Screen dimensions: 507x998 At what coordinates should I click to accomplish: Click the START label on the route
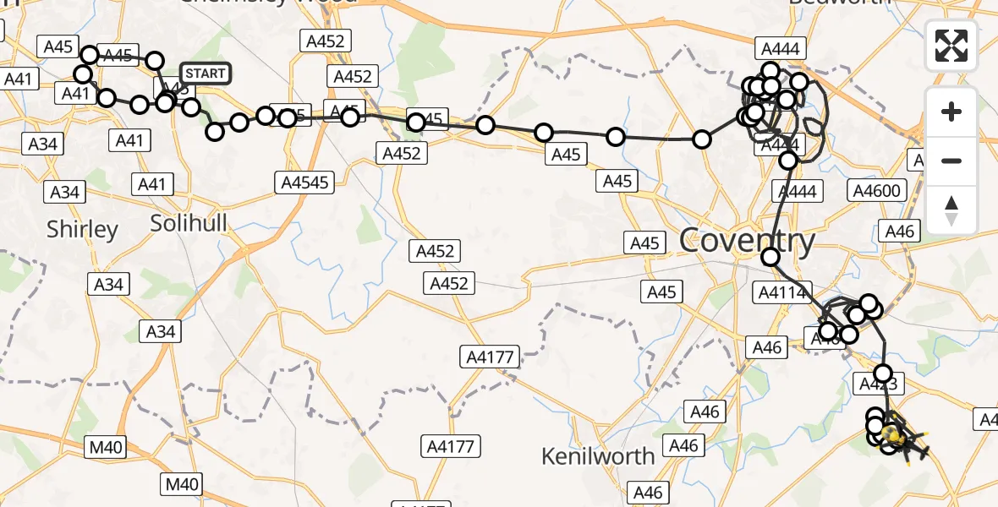[205, 74]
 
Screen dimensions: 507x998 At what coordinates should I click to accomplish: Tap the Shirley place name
[82, 229]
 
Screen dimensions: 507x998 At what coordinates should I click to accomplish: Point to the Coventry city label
[747, 242]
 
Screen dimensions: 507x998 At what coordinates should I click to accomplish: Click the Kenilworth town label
[597, 456]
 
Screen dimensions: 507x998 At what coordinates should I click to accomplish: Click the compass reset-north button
[951, 210]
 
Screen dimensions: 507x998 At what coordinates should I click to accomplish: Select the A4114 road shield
[779, 292]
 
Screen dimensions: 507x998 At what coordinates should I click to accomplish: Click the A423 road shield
[883, 385]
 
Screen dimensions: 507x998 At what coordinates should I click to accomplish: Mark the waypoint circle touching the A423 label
[883, 373]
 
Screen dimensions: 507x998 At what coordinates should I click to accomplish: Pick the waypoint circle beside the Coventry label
[770, 257]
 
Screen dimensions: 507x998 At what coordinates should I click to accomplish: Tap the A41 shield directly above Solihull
[153, 183]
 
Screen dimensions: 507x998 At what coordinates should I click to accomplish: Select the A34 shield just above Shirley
[64, 192]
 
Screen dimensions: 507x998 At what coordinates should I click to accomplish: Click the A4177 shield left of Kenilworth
[452, 445]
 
